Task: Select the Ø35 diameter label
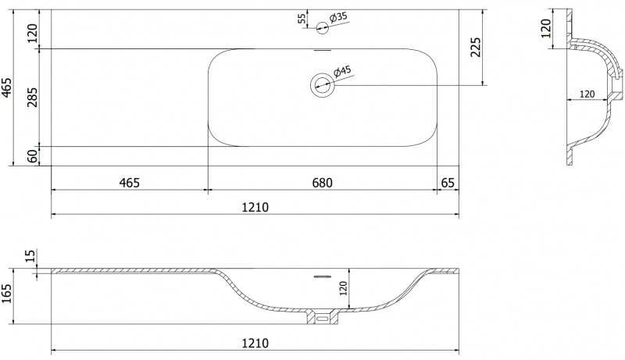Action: pos(338,17)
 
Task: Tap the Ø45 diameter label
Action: pos(342,72)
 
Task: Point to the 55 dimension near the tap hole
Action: pos(302,18)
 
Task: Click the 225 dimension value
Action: pos(476,48)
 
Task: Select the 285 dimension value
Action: pos(32,97)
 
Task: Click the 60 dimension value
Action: pos(33,155)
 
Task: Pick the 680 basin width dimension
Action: pos(322,183)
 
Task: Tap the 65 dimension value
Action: pos(448,183)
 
